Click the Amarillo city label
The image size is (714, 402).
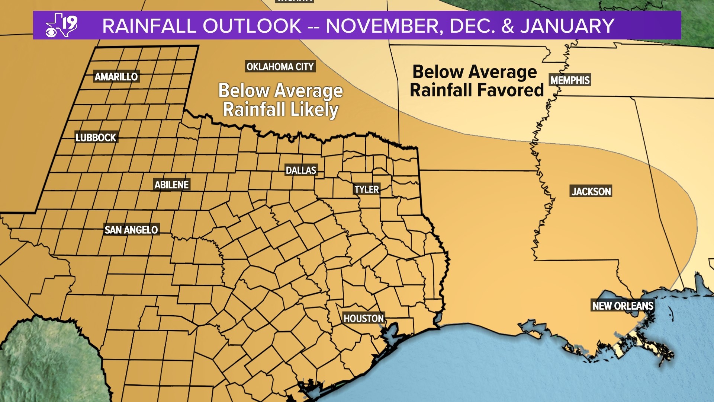coord(116,77)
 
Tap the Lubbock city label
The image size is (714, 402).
coord(96,137)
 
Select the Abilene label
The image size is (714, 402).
coord(171,185)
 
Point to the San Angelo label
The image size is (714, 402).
coord(131,230)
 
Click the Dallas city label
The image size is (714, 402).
coord(300,170)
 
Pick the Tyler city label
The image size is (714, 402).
coord(366,189)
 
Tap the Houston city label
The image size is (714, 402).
coord(363,318)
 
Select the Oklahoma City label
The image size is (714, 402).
coord(280,67)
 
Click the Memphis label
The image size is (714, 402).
coord(570,80)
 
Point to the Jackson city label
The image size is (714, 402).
coord(591,191)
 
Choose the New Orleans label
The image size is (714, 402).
coord(623,306)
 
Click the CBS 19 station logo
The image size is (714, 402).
coord(62,25)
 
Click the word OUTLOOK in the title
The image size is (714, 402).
coord(252,26)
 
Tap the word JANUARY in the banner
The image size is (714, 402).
coord(567,26)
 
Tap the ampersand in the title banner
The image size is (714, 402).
coord(507,26)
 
